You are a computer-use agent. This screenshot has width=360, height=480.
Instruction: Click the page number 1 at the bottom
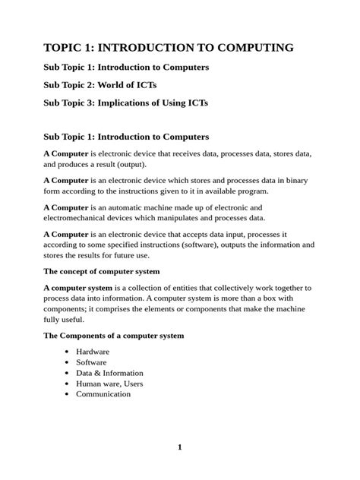pyautogui.click(x=180, y=447)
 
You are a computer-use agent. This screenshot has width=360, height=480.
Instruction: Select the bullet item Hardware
pyautogui.click(x=93, y=352)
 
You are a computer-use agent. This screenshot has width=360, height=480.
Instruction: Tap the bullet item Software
pyautogui.click(x=91, y=362)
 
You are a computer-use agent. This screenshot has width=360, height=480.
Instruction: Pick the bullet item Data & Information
pyautogui.click(x=109, y=373)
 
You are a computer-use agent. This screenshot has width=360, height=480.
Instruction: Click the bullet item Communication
pyautogui.click(x=103, y=394)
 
